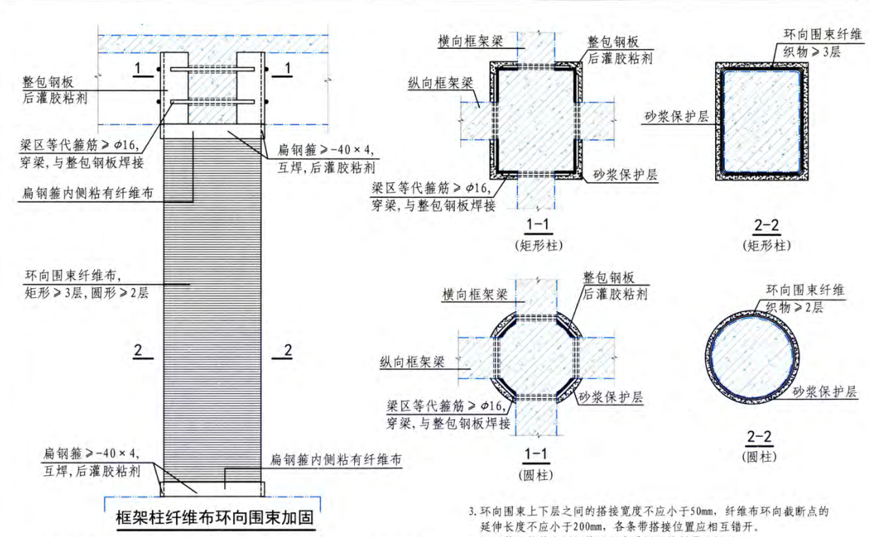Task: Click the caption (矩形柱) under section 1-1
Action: pyautogui.click(x=538, y=245)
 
